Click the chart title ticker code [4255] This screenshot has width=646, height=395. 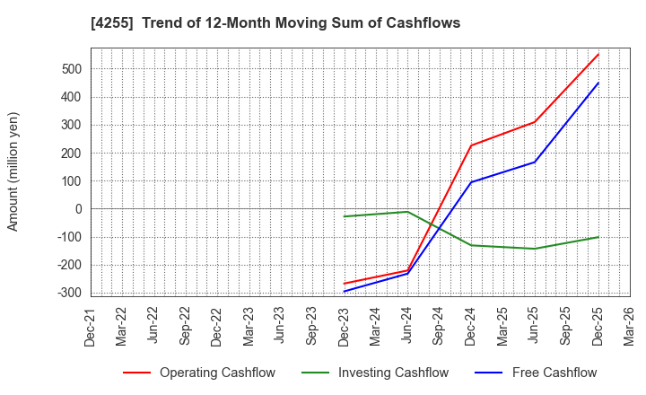click(x=109, y=22)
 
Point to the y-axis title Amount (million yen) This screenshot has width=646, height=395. click(x=13, y=171)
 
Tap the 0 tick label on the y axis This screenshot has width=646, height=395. click(x=78, y=209)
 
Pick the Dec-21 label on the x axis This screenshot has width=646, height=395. click(x=90, y=326)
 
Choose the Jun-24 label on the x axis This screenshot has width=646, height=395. click(x=408, y=326)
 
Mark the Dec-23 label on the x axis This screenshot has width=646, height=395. click(x=345, y=326)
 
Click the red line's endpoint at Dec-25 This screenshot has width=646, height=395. click(x=598, y=54)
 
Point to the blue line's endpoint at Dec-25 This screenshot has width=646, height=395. click(x=598, y=83)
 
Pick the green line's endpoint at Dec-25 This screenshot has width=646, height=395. click(x=598, y=237)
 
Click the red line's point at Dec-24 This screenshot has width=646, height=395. click(x=471, y=145)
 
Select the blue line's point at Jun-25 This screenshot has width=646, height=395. click(x=535, y=162)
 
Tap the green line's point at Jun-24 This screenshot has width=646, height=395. click(x=408, y=212)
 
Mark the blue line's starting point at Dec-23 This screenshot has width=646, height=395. click(x=345, y=291)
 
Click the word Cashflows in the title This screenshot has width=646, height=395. click(x=424, y=22)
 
